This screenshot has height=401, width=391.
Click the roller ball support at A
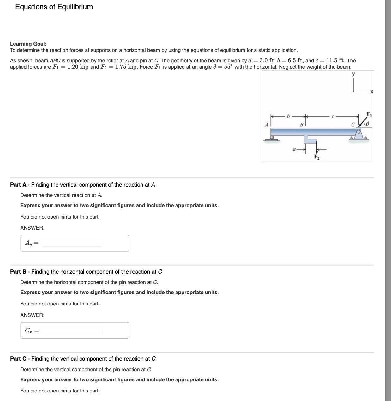tap(272, 138)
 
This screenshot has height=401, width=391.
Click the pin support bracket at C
tap(358, 136)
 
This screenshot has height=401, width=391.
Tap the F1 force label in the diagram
tap(369, 114)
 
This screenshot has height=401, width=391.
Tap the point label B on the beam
tap(301, 125)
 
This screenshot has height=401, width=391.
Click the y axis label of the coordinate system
tap(353, 74)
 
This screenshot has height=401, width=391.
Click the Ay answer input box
tap(73, 243)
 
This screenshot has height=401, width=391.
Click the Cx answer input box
tap(73, 330)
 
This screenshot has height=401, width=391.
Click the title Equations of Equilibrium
tap(54, 7)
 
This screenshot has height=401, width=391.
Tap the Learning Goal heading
tap(28, 44)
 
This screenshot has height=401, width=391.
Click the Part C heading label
tap(20, 359)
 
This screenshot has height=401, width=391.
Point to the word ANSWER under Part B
tap(32, 315)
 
